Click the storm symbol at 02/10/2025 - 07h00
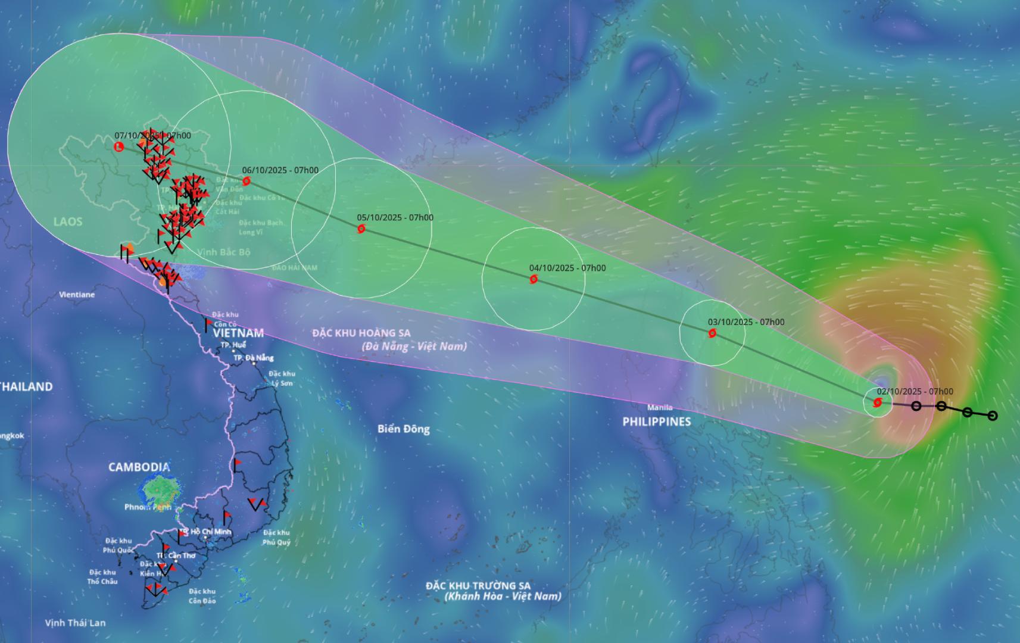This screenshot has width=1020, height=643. point(877,403)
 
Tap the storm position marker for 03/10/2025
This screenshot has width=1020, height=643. point(712,333)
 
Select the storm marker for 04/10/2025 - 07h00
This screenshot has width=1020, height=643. point(534,279)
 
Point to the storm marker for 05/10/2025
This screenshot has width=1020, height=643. point(361,229)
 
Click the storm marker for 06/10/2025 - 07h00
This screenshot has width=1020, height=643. point(247,181)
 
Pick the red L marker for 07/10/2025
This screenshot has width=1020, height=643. point(118,146)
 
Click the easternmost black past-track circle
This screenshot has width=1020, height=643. point(992,416)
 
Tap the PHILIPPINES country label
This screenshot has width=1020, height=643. point(657,422)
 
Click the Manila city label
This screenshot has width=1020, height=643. point(660,408)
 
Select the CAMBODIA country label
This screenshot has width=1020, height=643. point(139,467)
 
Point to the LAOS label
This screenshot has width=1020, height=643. point(68,221)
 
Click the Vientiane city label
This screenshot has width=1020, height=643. point(77,295)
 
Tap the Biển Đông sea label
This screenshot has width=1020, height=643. point(403,429)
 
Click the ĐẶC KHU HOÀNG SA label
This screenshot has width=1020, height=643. point(361,333)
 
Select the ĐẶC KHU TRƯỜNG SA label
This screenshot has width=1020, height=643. point(478,586)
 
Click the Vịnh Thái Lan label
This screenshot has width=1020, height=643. point(76,623)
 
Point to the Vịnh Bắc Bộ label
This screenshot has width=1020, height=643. point(224,252)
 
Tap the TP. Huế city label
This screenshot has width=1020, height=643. point(233,345)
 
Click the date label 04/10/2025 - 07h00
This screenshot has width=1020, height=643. point(567,268)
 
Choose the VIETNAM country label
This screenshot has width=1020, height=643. point(238,333)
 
